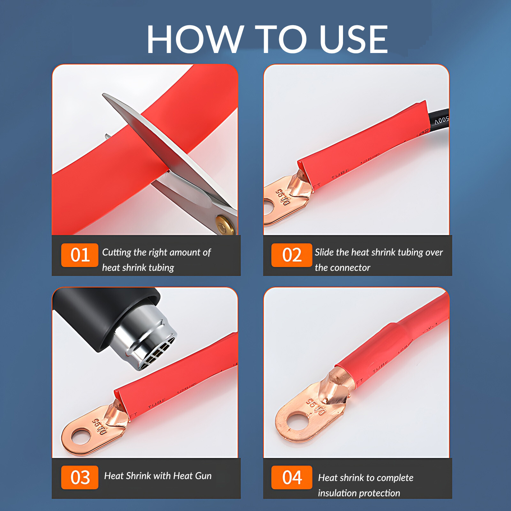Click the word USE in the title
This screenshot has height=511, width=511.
[x=353, y=40]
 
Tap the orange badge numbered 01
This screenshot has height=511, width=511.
[x=80, y=255]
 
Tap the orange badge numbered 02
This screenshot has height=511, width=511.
[x=292, y=255]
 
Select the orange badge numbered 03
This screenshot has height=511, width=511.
[x=80, y=477]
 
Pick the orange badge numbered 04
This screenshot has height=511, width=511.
[x=292, y=477]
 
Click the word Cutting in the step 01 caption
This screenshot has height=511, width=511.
[x=117, y=252]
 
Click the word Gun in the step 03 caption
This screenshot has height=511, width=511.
[x=203, y=476]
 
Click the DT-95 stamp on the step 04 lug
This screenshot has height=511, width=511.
[x=316, y=407]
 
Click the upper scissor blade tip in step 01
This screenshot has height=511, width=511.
[x=105, y=95]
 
